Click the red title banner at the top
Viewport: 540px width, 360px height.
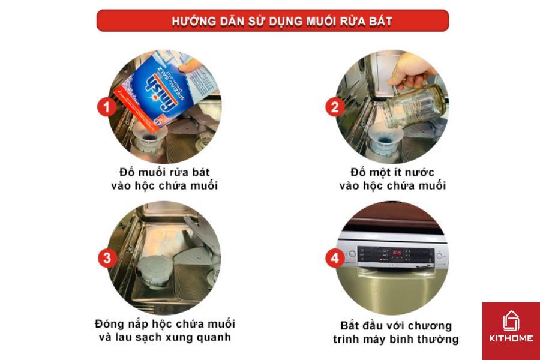(x=272, y=20)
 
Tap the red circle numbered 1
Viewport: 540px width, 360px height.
(x=107, y=108)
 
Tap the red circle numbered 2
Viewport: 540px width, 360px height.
(x=335, y=108)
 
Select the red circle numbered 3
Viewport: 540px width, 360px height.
(x=107, y=259)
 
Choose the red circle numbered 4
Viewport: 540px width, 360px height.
(x=335, y=259)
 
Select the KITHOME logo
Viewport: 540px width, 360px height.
(x=511, y=331)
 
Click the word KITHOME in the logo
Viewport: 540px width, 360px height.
(x=511, y=338)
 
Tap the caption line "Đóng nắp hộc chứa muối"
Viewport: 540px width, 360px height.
(x=164, y=325)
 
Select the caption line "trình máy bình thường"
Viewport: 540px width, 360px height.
(x=395, y=339)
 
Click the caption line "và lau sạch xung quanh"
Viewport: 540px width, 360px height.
(x=164, y=338)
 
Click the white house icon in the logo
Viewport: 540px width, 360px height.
(x=511, y=322)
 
